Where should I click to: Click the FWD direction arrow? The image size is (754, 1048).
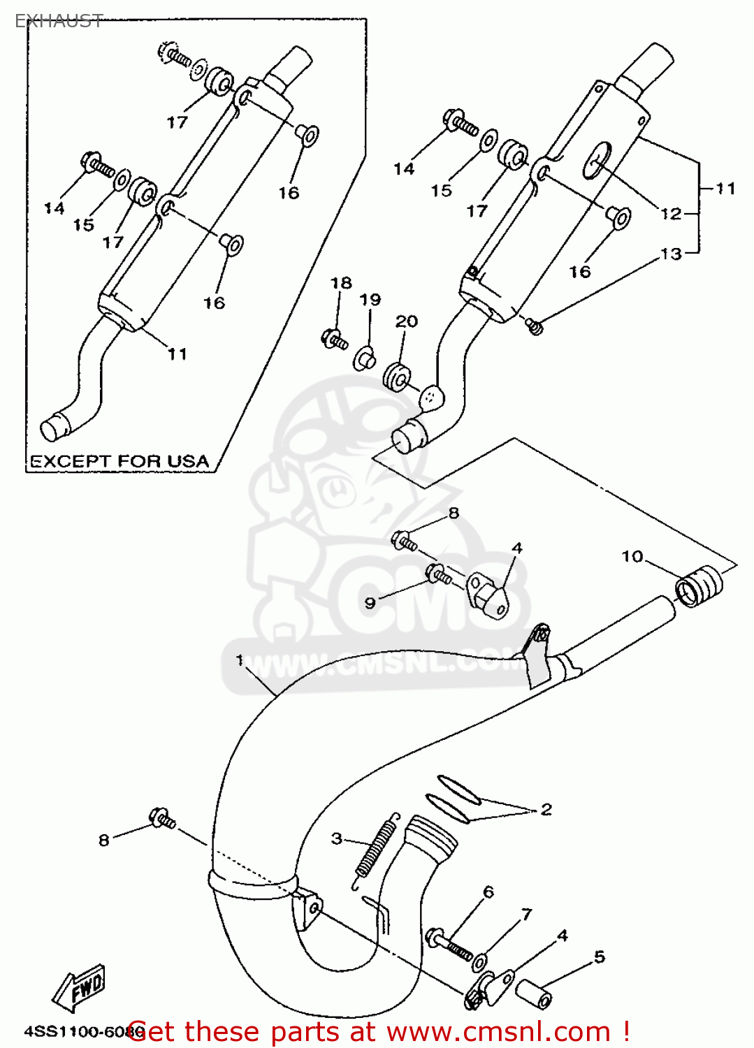(80, 987)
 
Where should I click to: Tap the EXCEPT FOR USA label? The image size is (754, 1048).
(119, 462)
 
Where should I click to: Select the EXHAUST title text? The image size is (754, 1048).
(59, 21)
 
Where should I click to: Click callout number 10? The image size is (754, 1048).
(632, 556)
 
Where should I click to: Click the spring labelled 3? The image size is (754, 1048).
(376, 847)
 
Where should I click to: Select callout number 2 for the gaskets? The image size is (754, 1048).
(546, 809)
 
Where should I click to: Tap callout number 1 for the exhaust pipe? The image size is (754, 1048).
(240, 660)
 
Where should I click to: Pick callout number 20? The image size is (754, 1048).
(406, 321)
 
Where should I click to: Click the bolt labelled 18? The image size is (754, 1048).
(334, 340)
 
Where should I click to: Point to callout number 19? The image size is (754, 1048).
(370, 300)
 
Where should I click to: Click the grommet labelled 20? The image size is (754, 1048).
(397, 377)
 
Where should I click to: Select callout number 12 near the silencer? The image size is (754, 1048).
(670, 214)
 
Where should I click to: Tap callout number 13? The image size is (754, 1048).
(670, 254)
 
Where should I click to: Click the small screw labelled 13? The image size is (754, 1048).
(535, 325)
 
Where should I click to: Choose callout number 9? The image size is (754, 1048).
(370, 602)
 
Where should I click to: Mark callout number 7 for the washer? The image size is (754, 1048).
(526, 914)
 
